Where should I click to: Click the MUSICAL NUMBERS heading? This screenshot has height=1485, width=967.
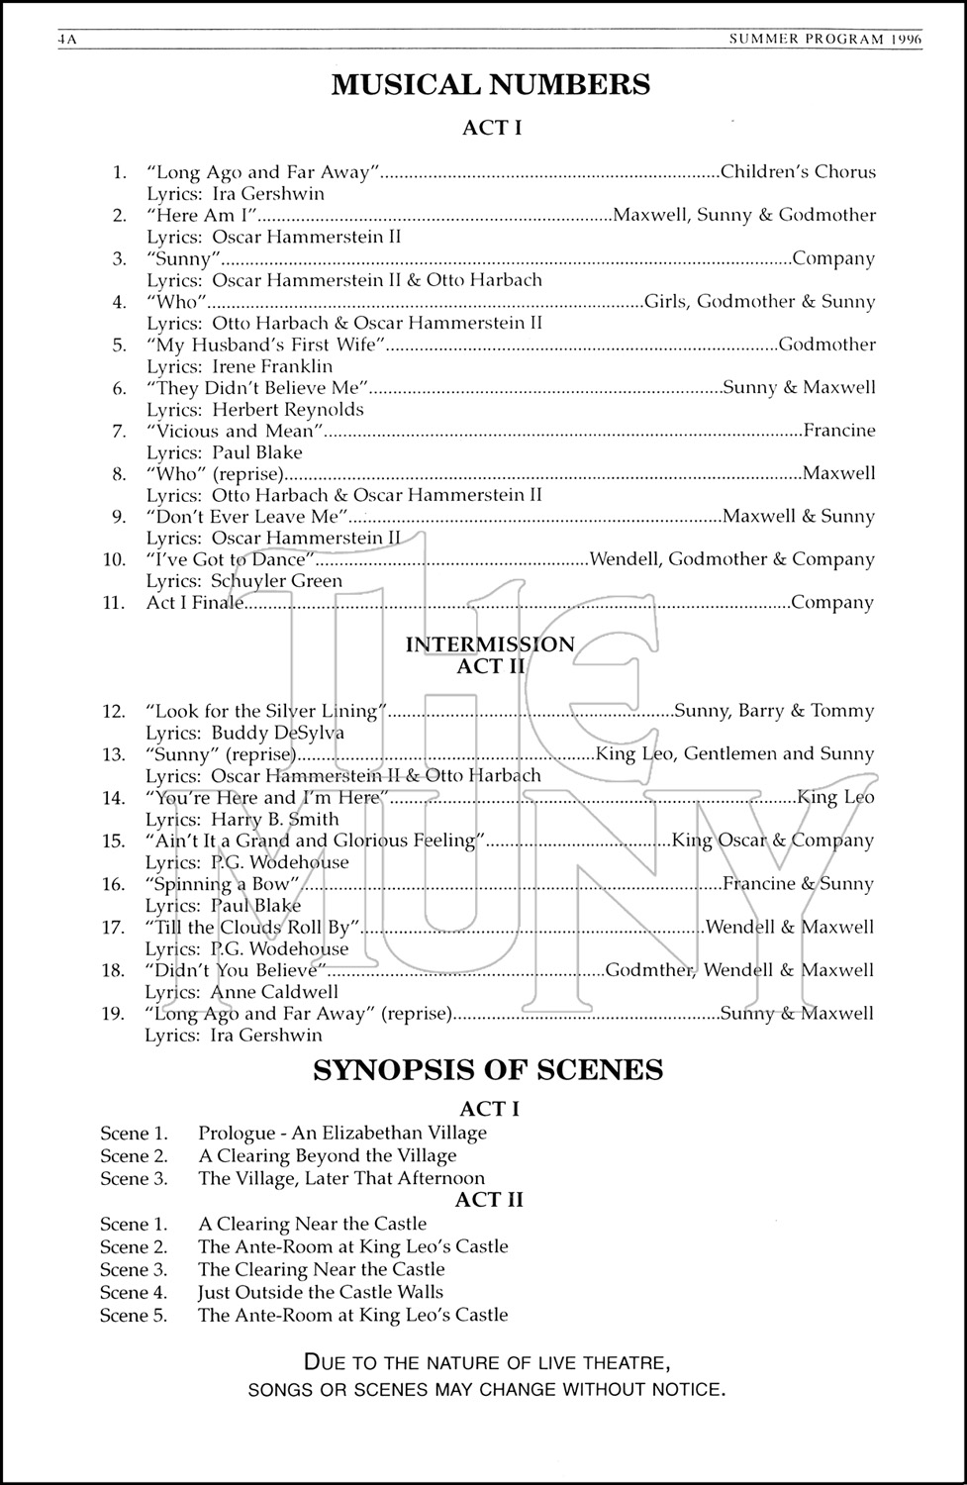coord(490,85)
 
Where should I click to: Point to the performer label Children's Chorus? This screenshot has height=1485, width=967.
coord(798,172)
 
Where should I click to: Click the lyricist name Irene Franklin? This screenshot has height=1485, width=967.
coord(272,366)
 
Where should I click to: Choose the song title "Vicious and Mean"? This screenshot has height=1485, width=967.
coord(236,431)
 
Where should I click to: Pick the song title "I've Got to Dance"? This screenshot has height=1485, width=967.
coord(229,559)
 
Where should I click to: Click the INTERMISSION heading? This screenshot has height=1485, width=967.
coord(490,644)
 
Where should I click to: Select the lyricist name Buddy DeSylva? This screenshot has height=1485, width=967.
coord(277,734)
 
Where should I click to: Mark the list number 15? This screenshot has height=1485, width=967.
coord(114,841)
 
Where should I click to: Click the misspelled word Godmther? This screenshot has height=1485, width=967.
coord(649,970)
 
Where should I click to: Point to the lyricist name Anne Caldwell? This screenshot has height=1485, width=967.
coord(274,992)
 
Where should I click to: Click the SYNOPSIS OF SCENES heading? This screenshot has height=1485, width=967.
coord(488,1070)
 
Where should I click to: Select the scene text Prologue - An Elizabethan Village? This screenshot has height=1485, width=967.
coord(342,1134)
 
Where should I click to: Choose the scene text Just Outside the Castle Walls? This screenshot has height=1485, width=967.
coord(321,1292)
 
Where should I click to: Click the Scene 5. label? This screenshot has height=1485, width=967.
coord(134,1315)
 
